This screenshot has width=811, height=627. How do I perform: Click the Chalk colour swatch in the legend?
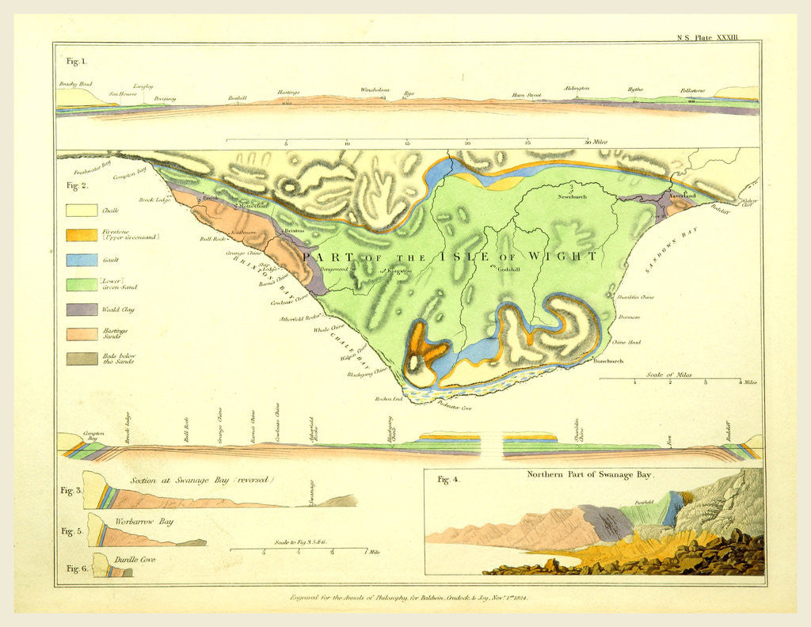(x=81, y=211)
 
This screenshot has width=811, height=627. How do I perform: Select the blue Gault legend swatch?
(x=81, y=260)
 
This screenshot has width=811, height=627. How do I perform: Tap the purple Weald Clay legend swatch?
(x=81, y=310)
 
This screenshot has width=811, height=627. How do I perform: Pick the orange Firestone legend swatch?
(x=81, y=235)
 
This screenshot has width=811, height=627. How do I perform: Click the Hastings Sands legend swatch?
(x=81, y=334)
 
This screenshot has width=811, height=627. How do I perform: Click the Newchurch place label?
(x=572, y=196)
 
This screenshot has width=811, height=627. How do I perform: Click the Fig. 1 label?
(x=77, y=60)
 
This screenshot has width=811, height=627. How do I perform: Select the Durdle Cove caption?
(x=136, y=559)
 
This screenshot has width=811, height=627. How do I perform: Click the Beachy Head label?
(x=75, y=83)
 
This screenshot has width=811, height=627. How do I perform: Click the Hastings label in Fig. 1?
(x=288, y=93)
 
